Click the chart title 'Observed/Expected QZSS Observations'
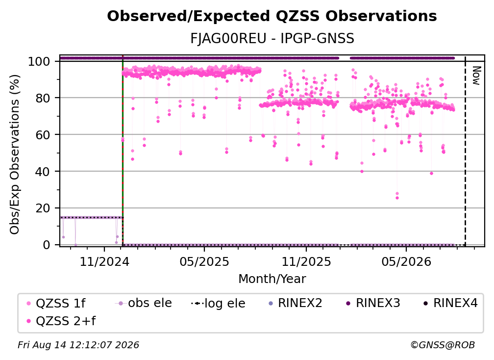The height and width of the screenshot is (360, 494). (x=272, y=16)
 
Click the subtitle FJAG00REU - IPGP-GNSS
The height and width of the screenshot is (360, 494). (x=272, y=38)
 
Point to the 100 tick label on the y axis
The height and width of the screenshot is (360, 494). (x=39, y=61)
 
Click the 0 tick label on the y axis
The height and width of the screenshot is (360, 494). (x=46, y=245)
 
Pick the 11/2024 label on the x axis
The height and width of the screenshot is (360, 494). (x=104, y=261)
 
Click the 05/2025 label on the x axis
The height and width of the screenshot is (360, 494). (x=204, y=261)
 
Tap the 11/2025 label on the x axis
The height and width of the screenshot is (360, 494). (x=306, y=261)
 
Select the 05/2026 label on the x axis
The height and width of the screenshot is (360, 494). (x=406, y=261)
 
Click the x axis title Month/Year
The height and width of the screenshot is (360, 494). (x=272, y=279)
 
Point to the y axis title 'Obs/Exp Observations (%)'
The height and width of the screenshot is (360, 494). (x=15, y=154)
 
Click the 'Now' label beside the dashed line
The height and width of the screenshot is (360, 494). (x=476, y=76)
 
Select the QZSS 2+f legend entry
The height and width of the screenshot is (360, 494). (x=61, y=321)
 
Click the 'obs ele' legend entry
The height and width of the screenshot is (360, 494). (x=143, y=303)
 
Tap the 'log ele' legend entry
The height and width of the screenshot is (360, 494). (x=218, y=303)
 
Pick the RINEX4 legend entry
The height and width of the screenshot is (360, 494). (x=450, y=303)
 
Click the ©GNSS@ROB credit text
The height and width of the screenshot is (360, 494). (x=443, y=345)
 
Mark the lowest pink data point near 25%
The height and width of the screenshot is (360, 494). (x=397, y=198)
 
